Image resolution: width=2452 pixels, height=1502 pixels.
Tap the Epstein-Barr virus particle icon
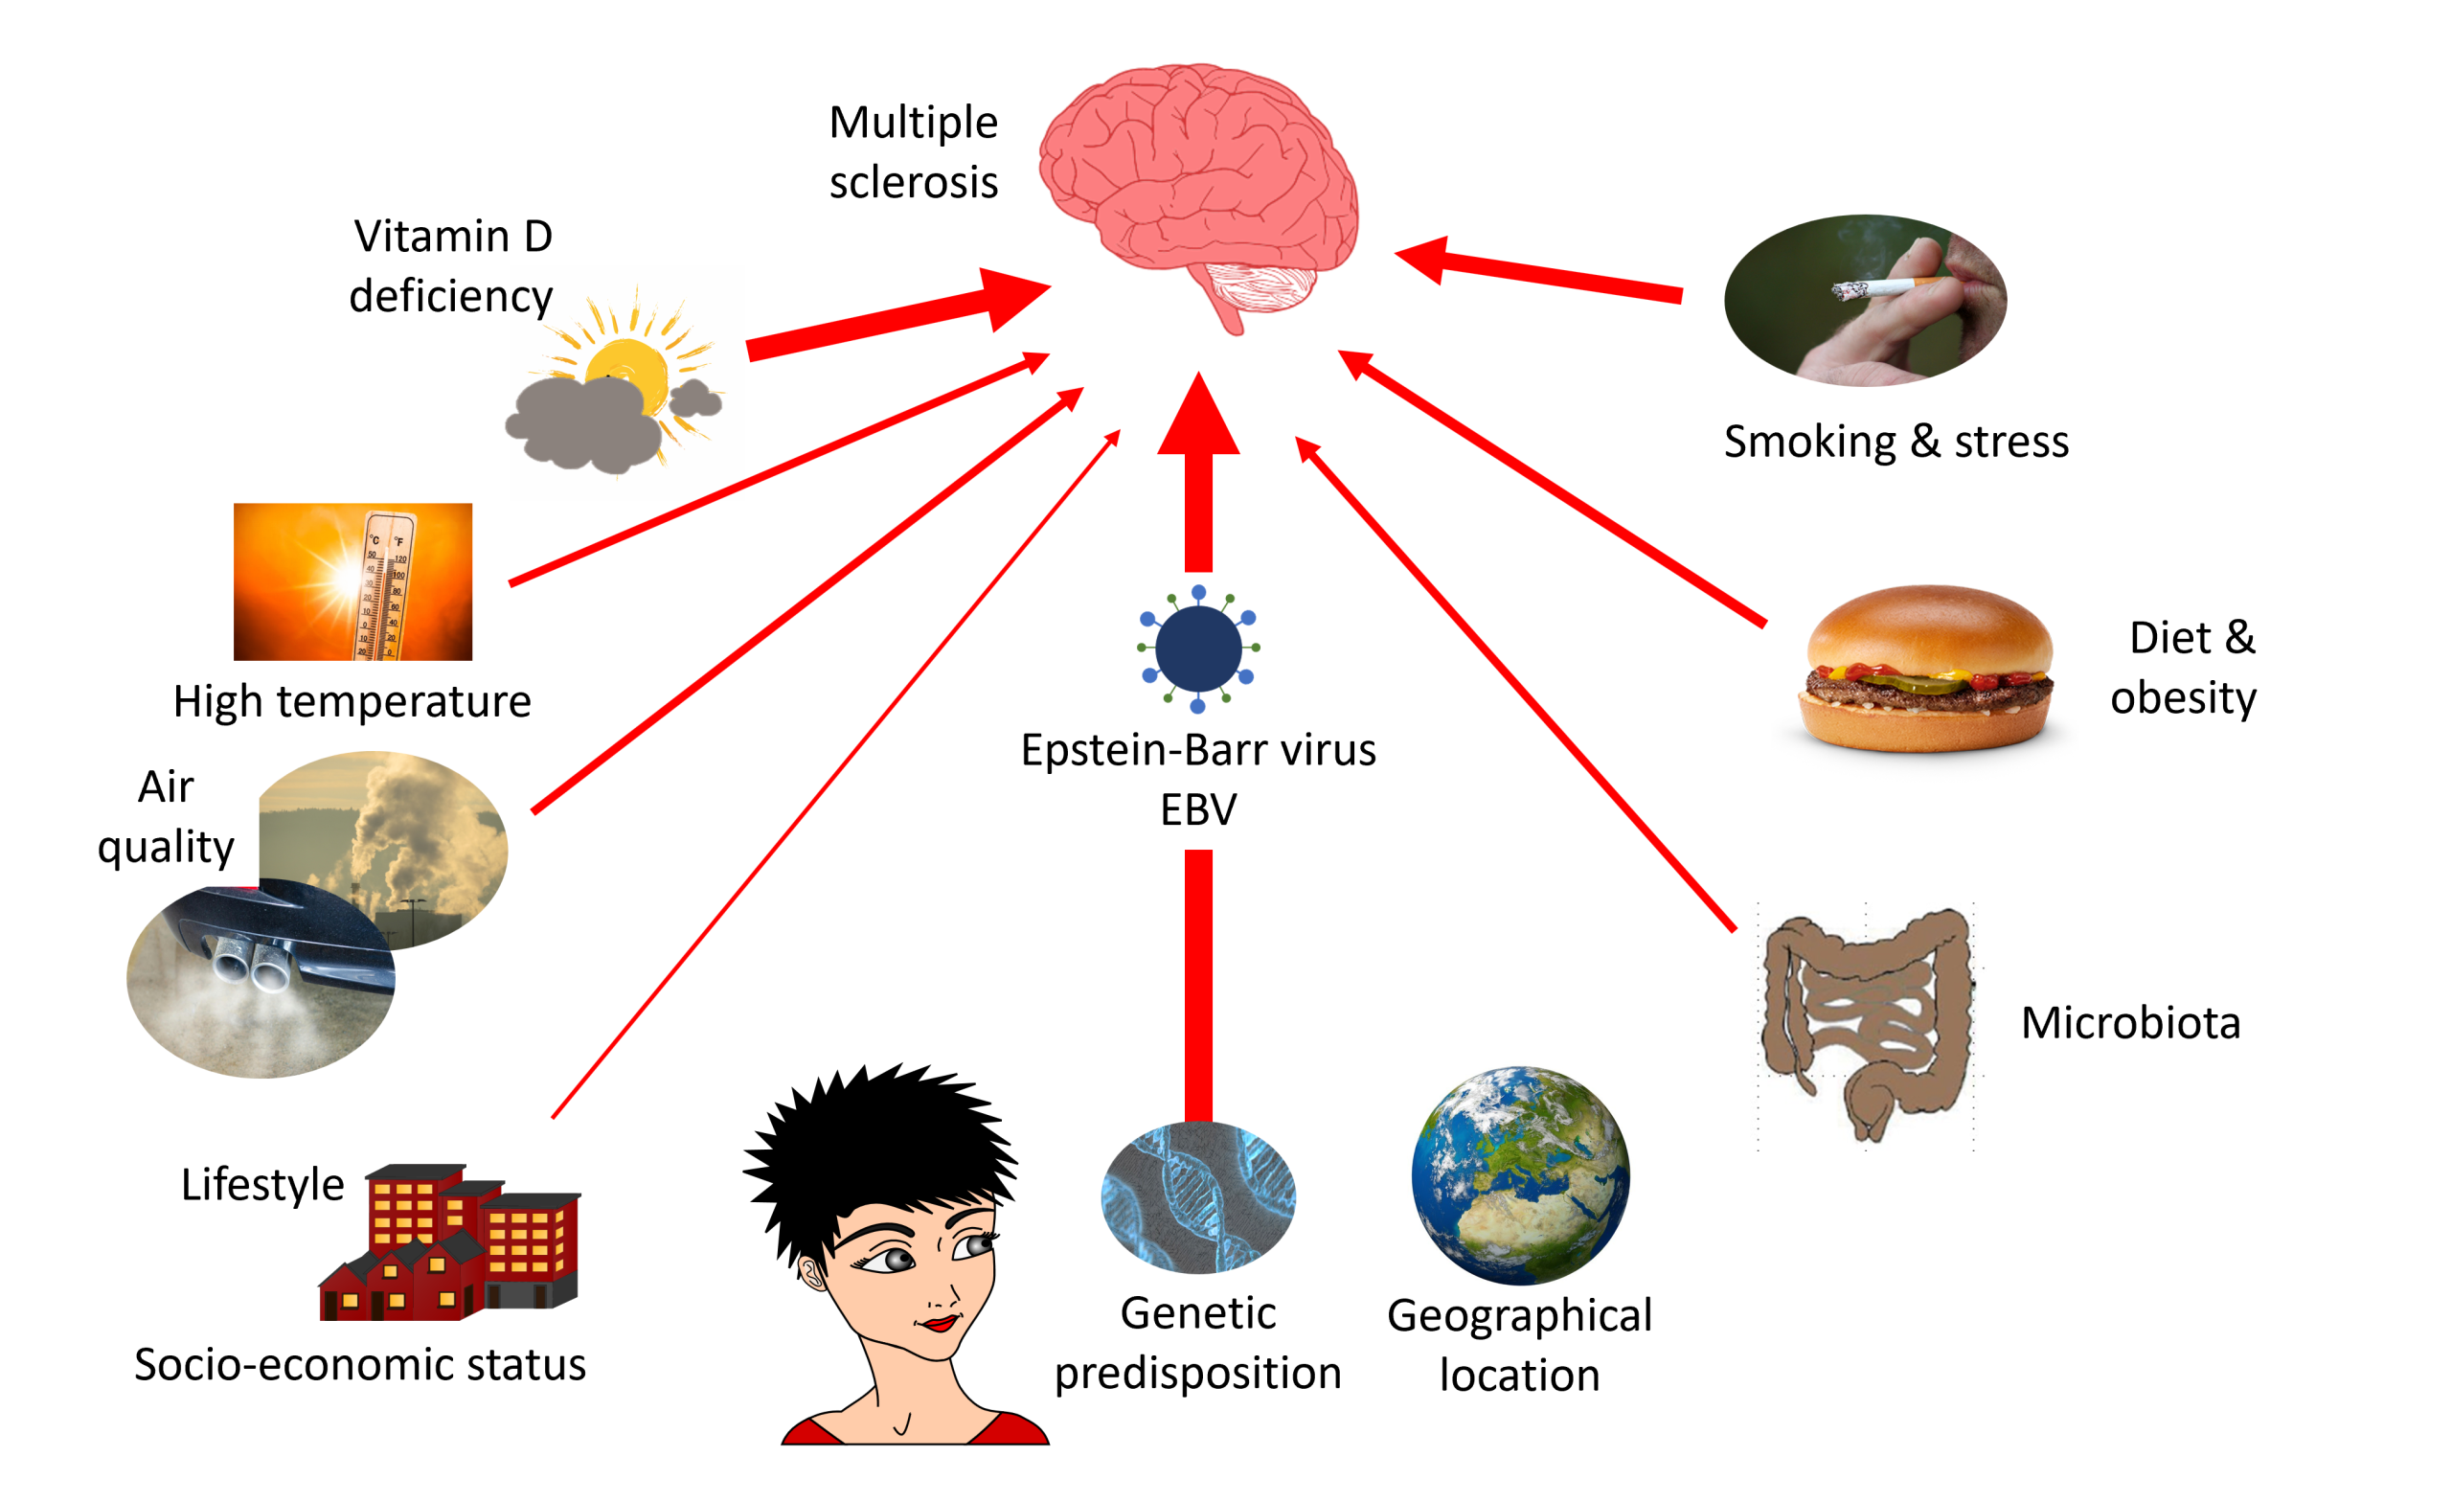pos(1198,649)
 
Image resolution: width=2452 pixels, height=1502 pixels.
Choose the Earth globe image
pos(1521,1174)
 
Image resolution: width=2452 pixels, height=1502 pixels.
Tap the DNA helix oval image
pos(1198,1197)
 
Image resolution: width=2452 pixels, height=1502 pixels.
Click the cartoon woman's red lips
pos(940,1323)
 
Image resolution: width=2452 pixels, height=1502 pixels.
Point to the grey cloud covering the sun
pos(587,423)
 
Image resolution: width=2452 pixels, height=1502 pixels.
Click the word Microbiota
pos(2130,1023)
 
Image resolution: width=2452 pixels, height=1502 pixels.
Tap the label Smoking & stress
pos(1896,441)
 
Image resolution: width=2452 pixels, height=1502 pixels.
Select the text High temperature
pos(352,702)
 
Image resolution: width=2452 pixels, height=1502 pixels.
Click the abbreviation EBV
pos(1198,809)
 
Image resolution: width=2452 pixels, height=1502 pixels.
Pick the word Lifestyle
pos(261,1185)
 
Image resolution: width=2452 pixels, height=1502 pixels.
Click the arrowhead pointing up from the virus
pos(1199,418)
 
